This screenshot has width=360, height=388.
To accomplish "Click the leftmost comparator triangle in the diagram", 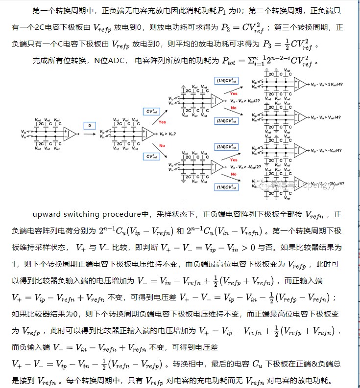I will click(x=72, y=133).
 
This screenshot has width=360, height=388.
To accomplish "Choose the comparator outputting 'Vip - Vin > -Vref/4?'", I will click(x=299, y=150).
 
